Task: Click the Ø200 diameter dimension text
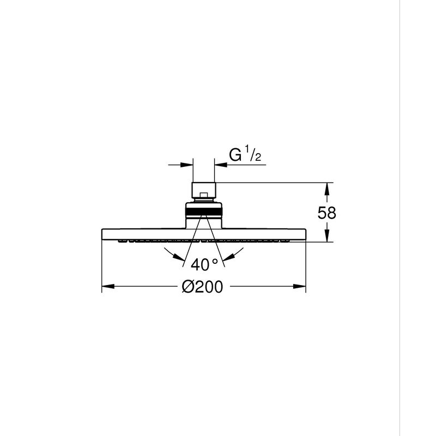[x=202, y=287]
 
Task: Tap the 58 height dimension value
[x=326, y=213]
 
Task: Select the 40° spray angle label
[x=204, y=264]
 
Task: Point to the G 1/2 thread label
[x=245, y=155]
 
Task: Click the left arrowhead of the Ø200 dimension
[x=108, y=287]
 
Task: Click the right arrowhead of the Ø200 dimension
[x=299, y=287]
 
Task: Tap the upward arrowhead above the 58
[x=327, y=189]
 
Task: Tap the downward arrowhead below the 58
[x=327, y=235]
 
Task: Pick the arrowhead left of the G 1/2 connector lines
[x=186, y=165]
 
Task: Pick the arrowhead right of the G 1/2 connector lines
[x=221, y=165]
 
